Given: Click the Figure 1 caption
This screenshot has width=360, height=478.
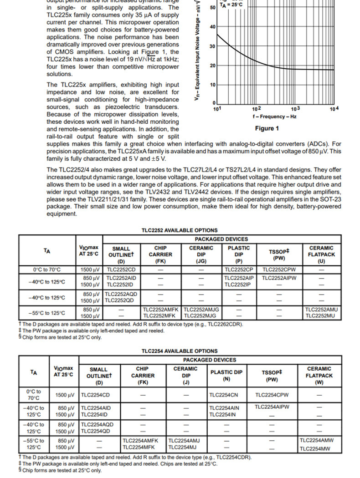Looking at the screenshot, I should coord(267,128).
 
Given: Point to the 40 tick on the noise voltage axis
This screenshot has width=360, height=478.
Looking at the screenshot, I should coord(213,27).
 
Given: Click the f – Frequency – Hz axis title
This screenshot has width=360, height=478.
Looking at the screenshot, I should coord(274,117).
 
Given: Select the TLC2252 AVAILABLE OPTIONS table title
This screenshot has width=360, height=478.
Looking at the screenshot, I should coord(180,230).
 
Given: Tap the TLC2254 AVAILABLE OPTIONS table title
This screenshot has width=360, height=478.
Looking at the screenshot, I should coord(180,351).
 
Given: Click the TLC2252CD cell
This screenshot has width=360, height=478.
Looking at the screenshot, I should coord(121,270).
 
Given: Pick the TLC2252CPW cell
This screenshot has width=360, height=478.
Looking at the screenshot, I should coord(279,270).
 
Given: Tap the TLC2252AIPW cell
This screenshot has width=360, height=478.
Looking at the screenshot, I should coord(279,278).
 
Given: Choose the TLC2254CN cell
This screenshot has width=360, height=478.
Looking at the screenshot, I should coord(224,395).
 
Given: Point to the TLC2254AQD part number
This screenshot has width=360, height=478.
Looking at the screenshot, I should coord(97,424).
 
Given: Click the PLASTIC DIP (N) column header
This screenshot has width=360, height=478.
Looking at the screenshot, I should coord(226,376).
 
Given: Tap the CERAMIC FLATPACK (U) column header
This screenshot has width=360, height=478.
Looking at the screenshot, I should coord(321,255).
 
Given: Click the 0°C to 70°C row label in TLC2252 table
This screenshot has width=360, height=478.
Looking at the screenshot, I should coord(47,270).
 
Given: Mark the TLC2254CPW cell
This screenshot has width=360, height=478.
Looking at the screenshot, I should coord(272,395).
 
